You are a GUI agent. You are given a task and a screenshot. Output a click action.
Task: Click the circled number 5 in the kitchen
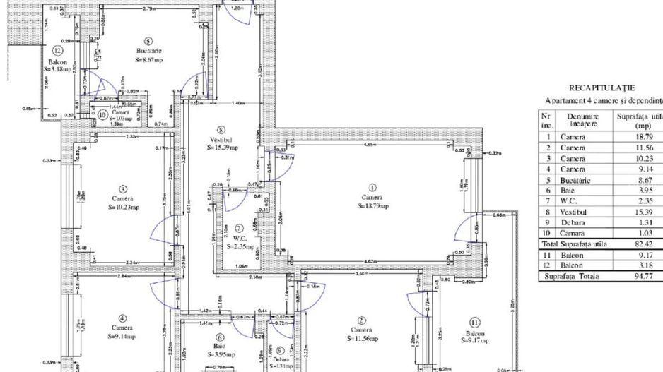148,41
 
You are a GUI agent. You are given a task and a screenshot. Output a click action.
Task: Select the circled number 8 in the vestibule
221,130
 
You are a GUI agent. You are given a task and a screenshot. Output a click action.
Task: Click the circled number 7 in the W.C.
240,228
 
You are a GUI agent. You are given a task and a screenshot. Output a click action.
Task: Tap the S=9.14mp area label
122,337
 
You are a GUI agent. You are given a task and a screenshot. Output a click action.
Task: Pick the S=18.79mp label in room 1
372,207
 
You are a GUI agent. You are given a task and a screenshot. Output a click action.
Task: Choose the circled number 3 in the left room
122,188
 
